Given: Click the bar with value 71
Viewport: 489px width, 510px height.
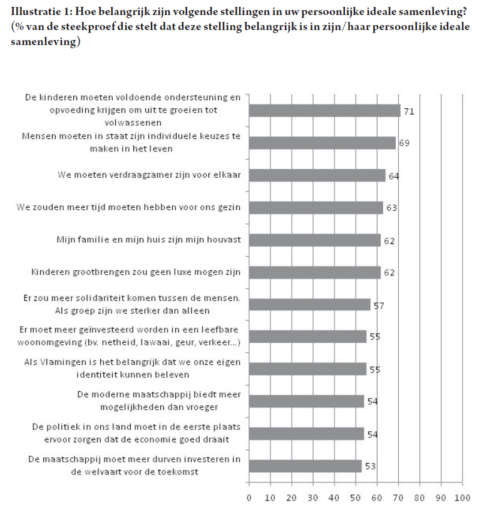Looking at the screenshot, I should pos(324,111).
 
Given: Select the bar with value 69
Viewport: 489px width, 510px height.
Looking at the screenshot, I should pos(322,143).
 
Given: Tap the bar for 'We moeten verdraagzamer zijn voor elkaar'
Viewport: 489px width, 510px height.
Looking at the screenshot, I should pos(317,175).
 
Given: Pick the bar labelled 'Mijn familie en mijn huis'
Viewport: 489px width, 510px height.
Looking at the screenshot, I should pos(315,240).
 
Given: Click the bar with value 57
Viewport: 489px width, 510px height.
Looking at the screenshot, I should pos(309,305).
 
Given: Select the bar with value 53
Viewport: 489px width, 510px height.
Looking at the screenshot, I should pos(305,466).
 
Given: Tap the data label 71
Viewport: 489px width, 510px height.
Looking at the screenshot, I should pos(409,111).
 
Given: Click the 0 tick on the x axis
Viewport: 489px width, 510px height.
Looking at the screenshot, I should pos(249,498).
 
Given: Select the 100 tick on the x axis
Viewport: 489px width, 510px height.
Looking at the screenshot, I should pos(462,498).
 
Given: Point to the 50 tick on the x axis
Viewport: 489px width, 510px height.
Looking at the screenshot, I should pos(356,498).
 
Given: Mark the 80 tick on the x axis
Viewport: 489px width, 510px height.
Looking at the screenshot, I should pos(420,498).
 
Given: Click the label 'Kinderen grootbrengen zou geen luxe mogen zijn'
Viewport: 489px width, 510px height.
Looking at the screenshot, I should pos(136,272).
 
